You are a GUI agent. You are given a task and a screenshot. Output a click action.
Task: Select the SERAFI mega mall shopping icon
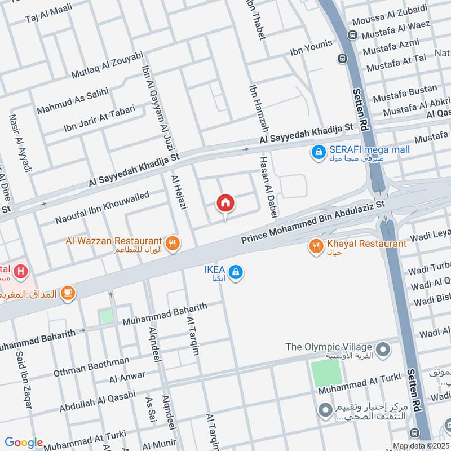click(x=319, y=151)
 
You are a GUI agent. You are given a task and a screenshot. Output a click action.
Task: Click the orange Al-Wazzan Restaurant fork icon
click(x=174, y=244)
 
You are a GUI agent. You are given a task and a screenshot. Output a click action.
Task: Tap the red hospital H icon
click(x=21, y=272)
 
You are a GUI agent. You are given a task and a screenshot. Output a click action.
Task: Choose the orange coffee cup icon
click(x=69, y=292)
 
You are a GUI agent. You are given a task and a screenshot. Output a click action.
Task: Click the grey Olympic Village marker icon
click(x=383, y=351)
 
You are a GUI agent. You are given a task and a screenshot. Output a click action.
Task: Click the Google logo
click(x=24, y=443)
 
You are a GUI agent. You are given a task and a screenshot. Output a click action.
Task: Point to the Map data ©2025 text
click(x=420, y=446)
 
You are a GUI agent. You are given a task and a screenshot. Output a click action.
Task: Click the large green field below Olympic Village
click(x=326, y=373)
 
